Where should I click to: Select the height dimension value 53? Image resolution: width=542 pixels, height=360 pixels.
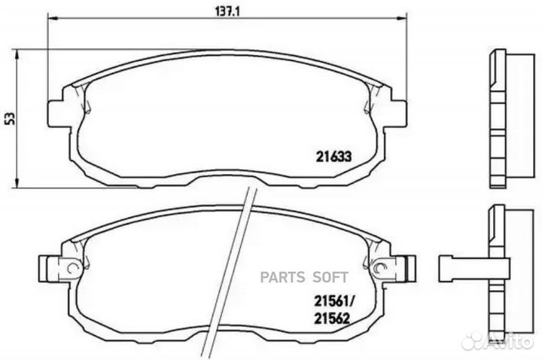point(9,118)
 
